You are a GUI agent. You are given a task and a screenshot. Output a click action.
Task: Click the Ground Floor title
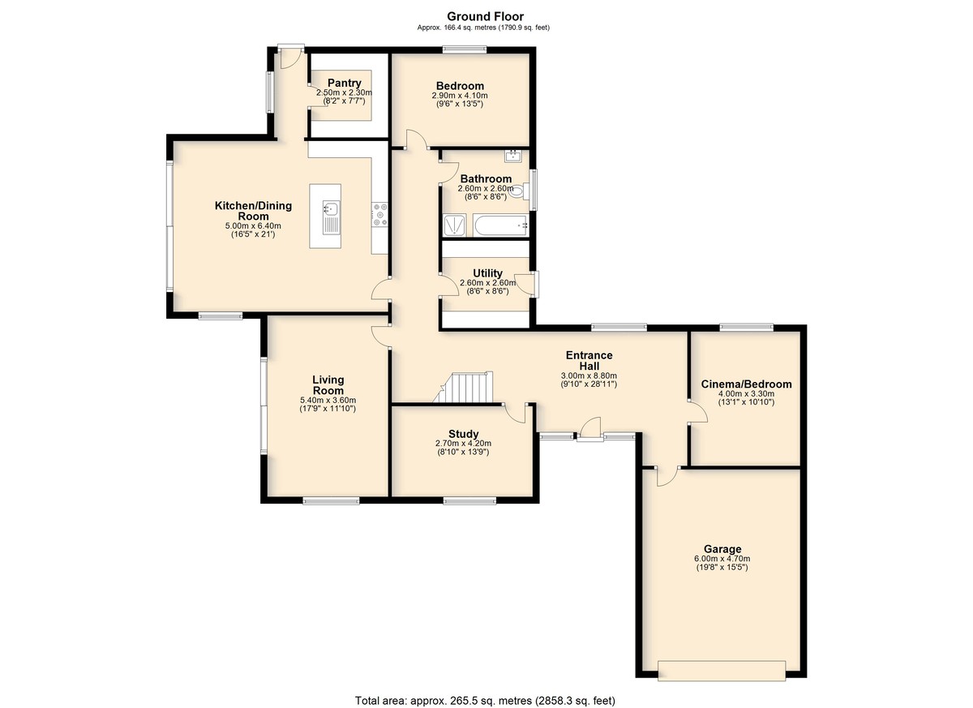[485, 16]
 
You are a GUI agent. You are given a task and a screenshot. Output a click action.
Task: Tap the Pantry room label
[344, 83]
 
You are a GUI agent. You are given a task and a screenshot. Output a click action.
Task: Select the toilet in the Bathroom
[519, 191]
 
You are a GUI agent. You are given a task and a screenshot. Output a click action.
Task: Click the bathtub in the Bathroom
[500, 225]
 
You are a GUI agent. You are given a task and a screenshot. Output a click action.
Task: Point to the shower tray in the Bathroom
[455, 225]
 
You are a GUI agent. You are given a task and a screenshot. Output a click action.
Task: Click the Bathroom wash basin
[513, 156]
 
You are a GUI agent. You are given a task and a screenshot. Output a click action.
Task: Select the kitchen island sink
[332, 217]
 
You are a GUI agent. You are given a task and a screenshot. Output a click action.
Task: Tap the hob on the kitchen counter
[379, 215]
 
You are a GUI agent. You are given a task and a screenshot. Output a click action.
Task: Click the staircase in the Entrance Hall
[464, 387]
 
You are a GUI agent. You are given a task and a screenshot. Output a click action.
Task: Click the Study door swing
[515, 413]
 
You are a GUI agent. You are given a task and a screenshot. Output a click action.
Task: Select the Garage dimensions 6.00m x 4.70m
[722, 559]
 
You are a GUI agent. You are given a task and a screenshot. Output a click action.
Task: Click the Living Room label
[328, 385]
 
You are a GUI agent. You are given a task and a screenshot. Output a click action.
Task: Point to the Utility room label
[487, 272]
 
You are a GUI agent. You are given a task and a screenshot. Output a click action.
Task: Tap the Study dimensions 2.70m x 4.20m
[464, 443]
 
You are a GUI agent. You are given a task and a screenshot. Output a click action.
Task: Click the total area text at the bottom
[485, 700]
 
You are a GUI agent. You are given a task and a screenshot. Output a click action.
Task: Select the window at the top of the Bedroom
[465, 49]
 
